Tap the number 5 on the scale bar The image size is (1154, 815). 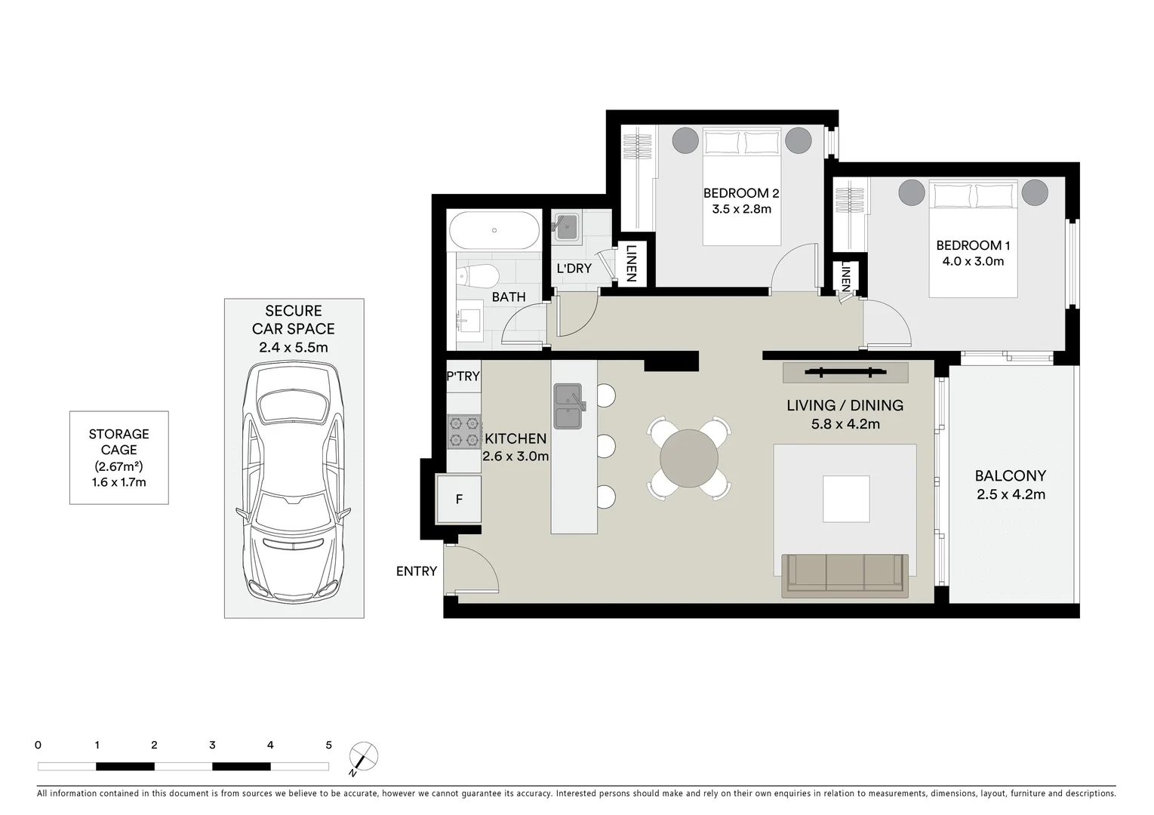pos(328,745)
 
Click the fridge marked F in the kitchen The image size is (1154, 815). pos(459,500)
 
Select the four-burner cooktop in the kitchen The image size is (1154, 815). pos(464,432)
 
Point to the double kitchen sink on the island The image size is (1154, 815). pos(569,406)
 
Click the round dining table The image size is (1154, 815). pos(689,458)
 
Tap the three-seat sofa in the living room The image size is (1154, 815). pos(845,576)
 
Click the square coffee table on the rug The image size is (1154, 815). pos(846,499)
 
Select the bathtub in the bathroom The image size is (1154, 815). pos(494,230)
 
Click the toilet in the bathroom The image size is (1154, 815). pos(477,277)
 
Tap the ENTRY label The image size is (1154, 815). pos(417,570)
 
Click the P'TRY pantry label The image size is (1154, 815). pos(463,376)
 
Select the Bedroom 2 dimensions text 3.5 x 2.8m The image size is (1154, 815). pos(741,208)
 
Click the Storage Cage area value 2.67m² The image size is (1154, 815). pos(118,466)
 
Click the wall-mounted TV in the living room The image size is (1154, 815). pos(845,371)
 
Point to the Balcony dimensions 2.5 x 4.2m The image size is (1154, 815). pos(1011,494)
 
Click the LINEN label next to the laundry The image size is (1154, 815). pos(632,263)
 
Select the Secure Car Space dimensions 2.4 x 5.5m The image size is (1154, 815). pos(293,347)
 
